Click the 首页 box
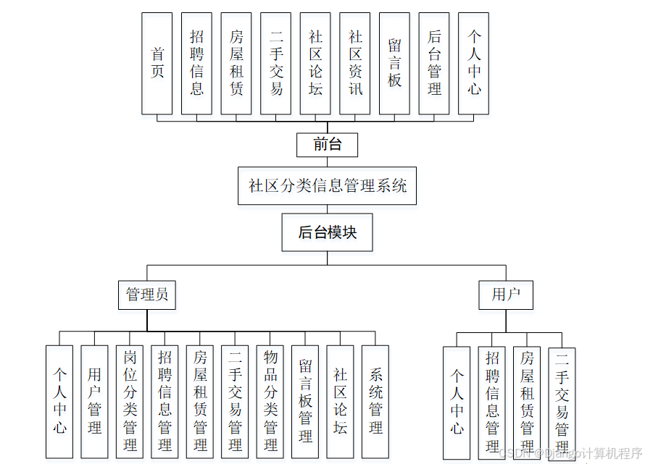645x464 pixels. click(157, 63)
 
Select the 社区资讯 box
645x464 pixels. click(355, 63)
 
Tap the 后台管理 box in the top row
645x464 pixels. click(434, 63)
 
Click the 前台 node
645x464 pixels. click(328, 145)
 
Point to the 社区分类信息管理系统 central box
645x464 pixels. click(328, 185)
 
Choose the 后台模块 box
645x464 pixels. click(328, 232)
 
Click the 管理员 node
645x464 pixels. click(147, 295)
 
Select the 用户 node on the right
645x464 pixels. click(506, 295)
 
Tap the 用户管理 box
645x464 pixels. click(95, 401)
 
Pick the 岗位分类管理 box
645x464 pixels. click(130, 401)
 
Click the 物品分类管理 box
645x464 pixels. click(270, 401)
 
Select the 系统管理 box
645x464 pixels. click(375, 401)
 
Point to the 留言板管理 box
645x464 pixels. click(305, 401)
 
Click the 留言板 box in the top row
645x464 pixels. click(394, 63)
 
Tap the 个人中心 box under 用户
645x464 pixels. click(457, 402)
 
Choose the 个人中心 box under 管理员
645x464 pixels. click(59, 401)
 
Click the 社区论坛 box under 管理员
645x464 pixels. click(341, 401)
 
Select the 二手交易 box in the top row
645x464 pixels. click(276, 63)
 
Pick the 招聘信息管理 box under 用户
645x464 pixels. click(492, 402)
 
